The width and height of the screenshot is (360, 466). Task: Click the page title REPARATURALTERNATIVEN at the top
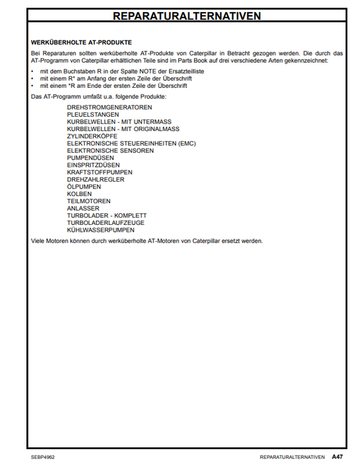pyautogui.click(x=186, y=15)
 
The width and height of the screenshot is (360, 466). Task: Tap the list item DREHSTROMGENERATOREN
pyautogui.click(x=109, y=107)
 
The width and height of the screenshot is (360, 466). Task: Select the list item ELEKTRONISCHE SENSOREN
pyautogui.click(x=110, y=151)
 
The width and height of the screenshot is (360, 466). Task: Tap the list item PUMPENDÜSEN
pyautogui.click(x=91, y=158)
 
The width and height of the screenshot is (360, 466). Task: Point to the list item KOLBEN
pyautogui.click(x=80, y=194)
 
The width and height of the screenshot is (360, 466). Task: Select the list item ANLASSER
pyautogui.click(x=83, y=209)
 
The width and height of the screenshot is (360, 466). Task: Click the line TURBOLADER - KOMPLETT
pyautogui.click(x=107, y=215)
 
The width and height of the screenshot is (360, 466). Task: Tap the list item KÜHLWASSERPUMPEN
pyautogui.click(x=101, y=230)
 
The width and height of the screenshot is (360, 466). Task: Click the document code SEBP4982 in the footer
pyautogui.click(x=43, y=457)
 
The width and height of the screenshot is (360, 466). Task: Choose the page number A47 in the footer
pyautogui.click(x=337, y=457)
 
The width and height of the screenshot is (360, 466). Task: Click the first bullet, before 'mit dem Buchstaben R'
pyautogui.click(x=33, y=71)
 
